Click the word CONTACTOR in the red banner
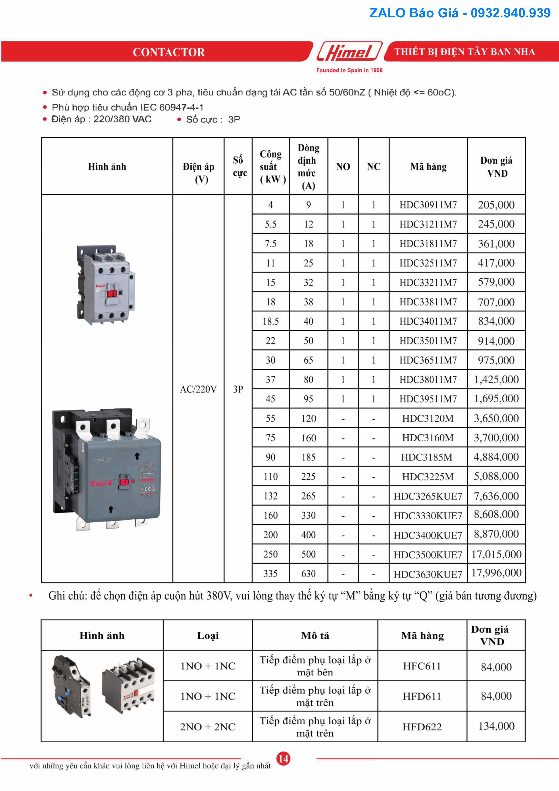169,52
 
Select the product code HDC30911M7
428,205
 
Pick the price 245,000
496,224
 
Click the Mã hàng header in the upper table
428,167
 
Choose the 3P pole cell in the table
238,389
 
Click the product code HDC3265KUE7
428,496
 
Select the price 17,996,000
496,573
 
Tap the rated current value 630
308,574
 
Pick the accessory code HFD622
422,727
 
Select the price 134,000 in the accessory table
496,726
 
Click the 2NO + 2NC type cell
208,727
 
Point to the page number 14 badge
283,758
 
